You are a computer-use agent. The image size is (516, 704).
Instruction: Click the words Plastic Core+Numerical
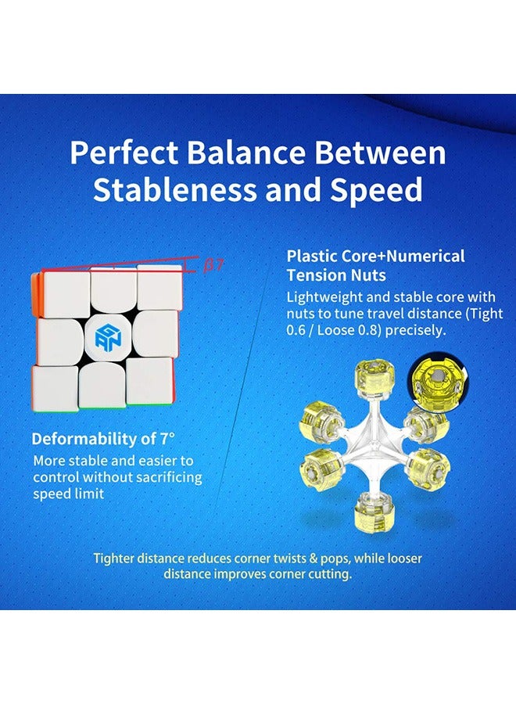(x=375, y=256)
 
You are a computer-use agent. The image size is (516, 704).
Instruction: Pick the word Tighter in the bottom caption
(x=117, y=559)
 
